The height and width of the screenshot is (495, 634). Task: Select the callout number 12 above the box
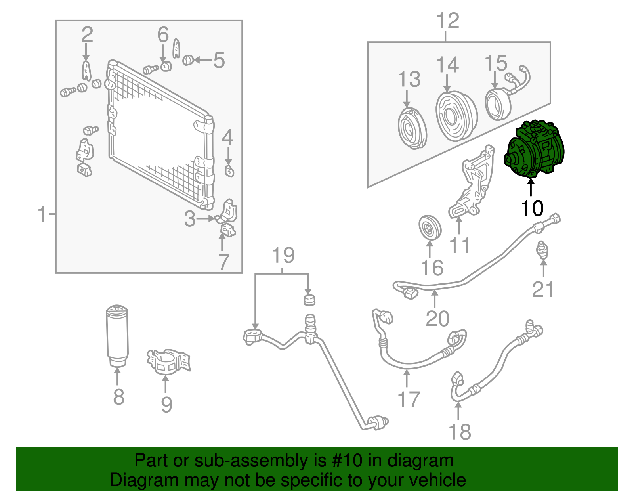click(x=448, y=21)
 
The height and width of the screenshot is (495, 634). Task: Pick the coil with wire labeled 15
click(x=498, y=104)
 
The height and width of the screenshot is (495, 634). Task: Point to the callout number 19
click(x=283, y=256)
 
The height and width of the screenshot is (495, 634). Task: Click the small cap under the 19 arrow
click(x=309, y=300)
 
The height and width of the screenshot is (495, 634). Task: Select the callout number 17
click(x=409, y=399)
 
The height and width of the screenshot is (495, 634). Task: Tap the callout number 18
click(x=460, y=432)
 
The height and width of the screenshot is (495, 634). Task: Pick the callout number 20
click(x=437, y=318)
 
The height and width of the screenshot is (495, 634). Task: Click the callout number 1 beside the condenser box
click(x=42, y=215)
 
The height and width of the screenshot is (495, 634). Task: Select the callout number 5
click(x=219, y=61)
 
